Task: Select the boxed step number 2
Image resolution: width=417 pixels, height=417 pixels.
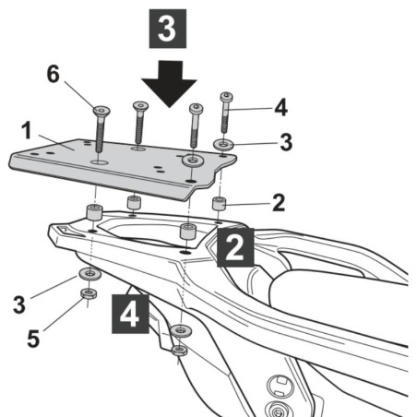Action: coord(234,248)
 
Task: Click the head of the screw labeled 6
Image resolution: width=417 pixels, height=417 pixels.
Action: coord(100,111)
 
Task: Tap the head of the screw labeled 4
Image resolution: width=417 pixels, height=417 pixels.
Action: coord(226,96)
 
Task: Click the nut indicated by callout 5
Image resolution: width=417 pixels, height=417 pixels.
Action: coord(89,294)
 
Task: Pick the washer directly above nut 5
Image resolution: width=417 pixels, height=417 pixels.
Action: coord(89,275)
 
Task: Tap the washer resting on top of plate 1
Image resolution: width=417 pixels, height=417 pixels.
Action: coord(191,162)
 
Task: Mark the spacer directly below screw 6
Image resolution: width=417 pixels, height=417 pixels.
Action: coord(94,214)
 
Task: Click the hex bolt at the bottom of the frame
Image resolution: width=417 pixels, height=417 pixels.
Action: coord(274,409)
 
